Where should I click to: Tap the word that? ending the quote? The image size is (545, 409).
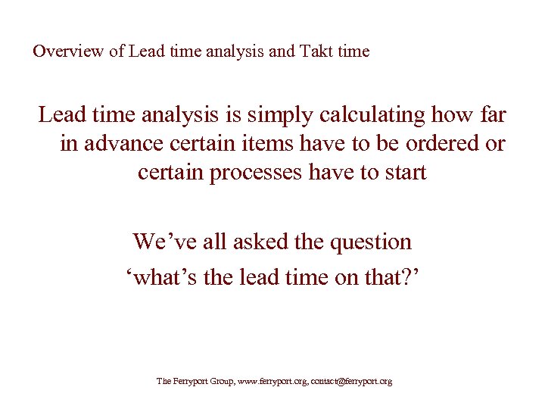coord(391,277)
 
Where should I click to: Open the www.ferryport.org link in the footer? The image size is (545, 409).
coord(269,382)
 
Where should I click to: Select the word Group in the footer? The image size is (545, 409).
coord(218,382)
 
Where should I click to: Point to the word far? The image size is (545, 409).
coord(491,116)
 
